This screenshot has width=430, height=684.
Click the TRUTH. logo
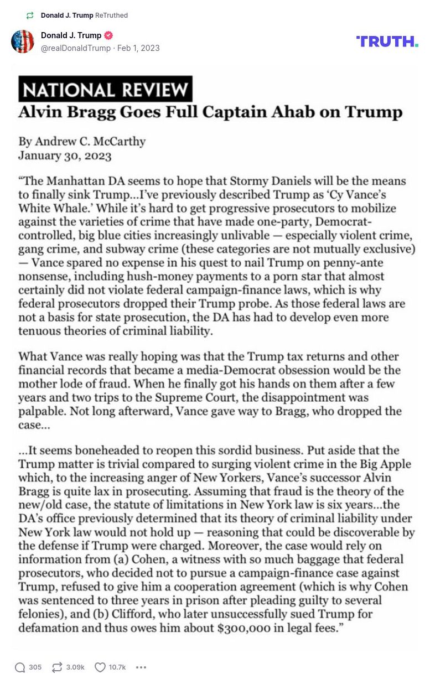coord(387,42)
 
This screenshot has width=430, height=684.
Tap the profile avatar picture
coord(23,42)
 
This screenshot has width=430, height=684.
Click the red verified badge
coord(109,35)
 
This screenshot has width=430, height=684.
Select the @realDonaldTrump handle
coord(76,48)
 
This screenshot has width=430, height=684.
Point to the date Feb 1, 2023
coord(138,48)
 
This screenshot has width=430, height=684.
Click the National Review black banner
coord(105,89)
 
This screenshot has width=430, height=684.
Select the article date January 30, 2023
coord(65,156)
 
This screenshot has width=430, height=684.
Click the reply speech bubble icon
coord(20,667)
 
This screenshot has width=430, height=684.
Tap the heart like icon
coord(100,667)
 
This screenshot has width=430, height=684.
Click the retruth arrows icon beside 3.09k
coord(57,667)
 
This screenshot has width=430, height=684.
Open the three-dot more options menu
coord(141,667)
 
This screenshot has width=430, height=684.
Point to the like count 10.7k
coord(117,667)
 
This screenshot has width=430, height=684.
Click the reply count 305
coord(35,667)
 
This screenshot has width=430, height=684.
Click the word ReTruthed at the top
coord(112,15)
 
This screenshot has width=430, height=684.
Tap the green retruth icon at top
coord(30,15)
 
